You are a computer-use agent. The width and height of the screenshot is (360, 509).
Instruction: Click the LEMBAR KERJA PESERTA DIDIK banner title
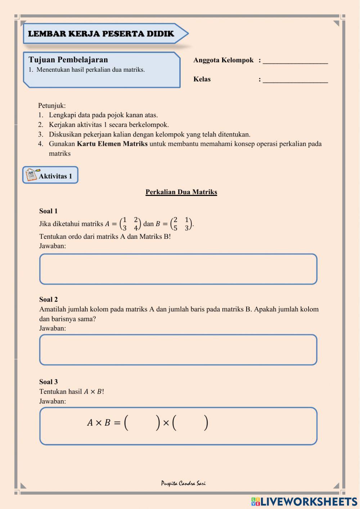coord(101,34)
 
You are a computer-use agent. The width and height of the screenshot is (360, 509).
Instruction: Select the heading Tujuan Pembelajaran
coord(68,60)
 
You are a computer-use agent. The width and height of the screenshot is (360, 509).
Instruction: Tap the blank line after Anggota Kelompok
coord(295,61)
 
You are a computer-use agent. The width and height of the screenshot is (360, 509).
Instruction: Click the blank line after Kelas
coord(295,80)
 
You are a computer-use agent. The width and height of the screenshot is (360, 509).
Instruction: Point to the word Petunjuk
coord(52,106)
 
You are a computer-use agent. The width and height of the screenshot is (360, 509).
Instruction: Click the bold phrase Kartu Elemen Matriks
coord(112,144)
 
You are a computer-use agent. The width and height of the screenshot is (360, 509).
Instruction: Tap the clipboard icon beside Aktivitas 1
coord(31,175)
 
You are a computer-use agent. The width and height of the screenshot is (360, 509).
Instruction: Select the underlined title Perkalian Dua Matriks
coord(181,192)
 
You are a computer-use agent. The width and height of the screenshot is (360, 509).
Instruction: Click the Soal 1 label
coord(48,211)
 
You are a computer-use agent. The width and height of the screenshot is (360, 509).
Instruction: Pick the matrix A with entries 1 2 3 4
coord(130,224)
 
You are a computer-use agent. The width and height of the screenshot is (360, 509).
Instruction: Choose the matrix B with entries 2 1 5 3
coord(181,224)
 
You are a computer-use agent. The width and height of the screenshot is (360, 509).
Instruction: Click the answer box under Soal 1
coord(178,269)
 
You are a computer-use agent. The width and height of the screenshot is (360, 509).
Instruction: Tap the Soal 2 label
coord(48,300)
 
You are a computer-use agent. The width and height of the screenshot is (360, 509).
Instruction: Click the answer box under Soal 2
coord(178,350)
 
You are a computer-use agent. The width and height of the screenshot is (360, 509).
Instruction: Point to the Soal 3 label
coord(48,382)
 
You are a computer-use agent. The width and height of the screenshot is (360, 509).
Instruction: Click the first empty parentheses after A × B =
coord(142,423)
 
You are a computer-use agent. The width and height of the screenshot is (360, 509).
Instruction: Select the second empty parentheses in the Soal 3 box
coord(190,423)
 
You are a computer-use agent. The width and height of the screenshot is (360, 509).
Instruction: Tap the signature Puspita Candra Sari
coord(183,483)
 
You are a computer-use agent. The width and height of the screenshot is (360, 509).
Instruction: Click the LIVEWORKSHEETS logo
coord(304,501)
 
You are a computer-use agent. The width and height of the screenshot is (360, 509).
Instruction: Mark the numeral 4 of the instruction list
coord(41,144)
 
